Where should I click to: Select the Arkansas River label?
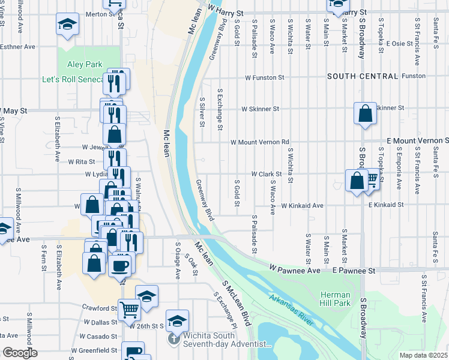(291, 309)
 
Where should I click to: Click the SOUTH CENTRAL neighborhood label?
(363, 76)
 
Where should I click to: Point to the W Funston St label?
(264, 77)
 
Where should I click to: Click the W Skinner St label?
(261, 109)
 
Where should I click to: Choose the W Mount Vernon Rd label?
(261, 142)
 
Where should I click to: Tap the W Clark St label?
(266, 174)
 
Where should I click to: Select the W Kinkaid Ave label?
(303, 205)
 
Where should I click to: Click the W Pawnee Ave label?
(295, 271)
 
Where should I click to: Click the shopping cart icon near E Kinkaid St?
(372, 178)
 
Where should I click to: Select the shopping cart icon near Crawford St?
(130, 310)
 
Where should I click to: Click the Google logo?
(20, 353)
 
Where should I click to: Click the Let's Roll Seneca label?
(71, 79)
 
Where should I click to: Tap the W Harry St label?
(226, 12)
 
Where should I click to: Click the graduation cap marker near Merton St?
(67, 25)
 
